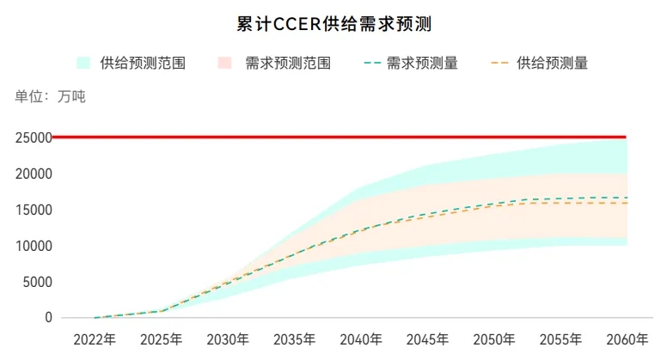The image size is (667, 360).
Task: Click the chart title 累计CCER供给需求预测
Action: pyautogui.click(x=333, y=24)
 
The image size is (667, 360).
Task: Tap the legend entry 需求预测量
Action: pyautogui.click(x=422, y=63)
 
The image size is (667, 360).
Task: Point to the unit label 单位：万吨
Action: pyautogui.click(x=50, y=96)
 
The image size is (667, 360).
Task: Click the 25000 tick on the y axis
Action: pyautogui.click(x=32, y=137)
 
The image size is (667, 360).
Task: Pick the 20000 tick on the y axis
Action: pyautogui.click(x=32, y=174)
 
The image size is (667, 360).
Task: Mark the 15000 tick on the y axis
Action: pyautogui.click(x=32, y=210)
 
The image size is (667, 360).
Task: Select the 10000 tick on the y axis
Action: pyautogui.click(x=32, y=246)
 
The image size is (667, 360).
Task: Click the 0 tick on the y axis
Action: pyautogui.click(x=48, y=318)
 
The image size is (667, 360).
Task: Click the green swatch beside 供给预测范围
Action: pyautogui.click(x=84, y=63)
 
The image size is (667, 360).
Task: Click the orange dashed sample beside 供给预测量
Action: pyautogui.click(x=500, y=63)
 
